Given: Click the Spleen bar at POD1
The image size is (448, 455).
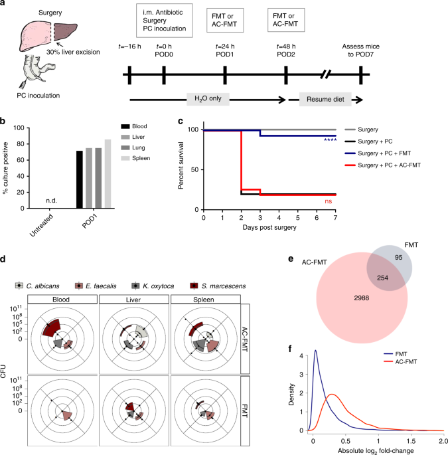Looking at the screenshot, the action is pyautogui.click(x=108, y=174).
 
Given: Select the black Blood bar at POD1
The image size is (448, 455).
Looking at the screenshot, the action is pyautogui.click(x=80, y=179).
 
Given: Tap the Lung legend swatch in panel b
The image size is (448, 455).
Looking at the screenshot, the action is pyautogui.click(x=125, y=147).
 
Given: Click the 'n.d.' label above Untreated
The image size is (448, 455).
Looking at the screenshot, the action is pyautogui.click(x=51, y=201).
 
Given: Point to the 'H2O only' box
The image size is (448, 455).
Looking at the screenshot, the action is pyautogui.click(x=208, y=99).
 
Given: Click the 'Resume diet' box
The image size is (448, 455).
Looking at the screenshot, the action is pyautogui.click(x=325, y=99).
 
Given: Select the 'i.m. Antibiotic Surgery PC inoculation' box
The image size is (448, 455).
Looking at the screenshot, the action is pyautogui.click(x=165, y=21).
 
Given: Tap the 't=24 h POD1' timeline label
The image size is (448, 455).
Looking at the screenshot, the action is pyautogui.click(x=225, y=50).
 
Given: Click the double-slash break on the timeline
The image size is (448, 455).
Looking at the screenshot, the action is pyautogui.click(x=325, y=74).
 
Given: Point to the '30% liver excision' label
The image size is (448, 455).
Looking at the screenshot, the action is pyautogui.click(x=73, y=52).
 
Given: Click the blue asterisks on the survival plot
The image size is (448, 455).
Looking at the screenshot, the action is pyautogui.click(x=331, y=140).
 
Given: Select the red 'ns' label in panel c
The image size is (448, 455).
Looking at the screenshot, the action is pyautogui.click(x=329, y=201).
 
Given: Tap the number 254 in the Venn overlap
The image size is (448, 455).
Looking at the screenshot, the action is pyautogui.click(x=382, y=278).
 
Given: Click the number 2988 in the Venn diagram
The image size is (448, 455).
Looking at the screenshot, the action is pyautogui.click(x=362, y=298).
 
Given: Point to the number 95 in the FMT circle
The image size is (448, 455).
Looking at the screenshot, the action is pyautogui.click(x=399, y=257).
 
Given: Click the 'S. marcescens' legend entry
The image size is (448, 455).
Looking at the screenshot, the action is pyautogui.click(x=218, y=286).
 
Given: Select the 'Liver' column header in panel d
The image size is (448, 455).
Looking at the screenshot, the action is pyautogui.click(x=133, y=300).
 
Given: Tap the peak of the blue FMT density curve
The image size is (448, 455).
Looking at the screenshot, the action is pyautogui.click(x=315, y=350).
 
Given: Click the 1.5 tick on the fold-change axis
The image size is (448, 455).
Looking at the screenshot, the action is pyautogui.click(x=411, y=441).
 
